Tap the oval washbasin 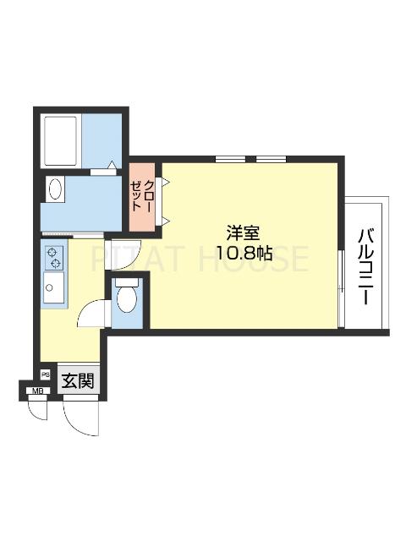(x=56, y=189)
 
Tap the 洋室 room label (x=244, y=231)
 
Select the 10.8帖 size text (x=244, y=253)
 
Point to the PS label (x=46, y=374)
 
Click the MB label (x=36, y=391)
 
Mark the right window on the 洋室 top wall (x=270, y=159)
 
